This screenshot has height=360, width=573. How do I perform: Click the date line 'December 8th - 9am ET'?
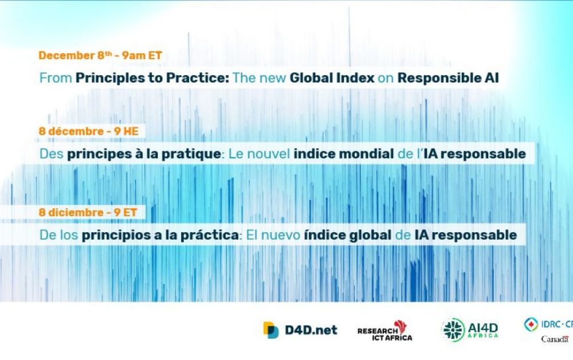pos(100,55)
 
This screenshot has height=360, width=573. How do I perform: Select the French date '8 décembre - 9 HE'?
pos(89,131)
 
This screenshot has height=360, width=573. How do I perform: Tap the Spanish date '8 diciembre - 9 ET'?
pos(88,212)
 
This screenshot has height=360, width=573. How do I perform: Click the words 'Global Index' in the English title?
pos(332,78)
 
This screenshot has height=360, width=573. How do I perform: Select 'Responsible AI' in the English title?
pos(448,78)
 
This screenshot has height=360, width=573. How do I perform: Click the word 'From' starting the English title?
pos(56,78)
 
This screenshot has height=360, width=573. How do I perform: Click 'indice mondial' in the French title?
pos(343,154)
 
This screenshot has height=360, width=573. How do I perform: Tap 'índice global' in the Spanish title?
pos(348,235)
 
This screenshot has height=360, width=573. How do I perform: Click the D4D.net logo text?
pos(311,330)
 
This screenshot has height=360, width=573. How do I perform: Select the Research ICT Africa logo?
pos(385,331)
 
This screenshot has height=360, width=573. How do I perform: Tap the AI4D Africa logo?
pos(470,330)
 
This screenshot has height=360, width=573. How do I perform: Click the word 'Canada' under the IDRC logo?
pos(555,339)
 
